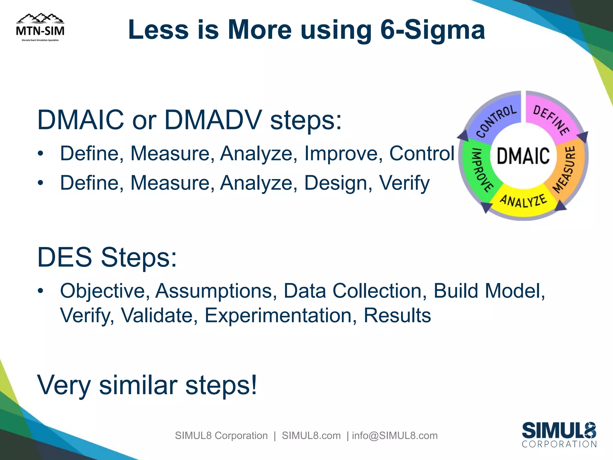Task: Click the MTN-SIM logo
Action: click(x=40, y=28)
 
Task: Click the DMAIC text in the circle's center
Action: click(x=523, y=156)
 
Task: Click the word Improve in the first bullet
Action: click(x=343, y=153)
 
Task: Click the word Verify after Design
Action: click(x=404, y=183)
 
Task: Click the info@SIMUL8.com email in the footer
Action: click(x=394, y=435)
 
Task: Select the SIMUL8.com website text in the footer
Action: click(x=311, y=435)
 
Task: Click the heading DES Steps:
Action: click(x=107, y=257)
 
